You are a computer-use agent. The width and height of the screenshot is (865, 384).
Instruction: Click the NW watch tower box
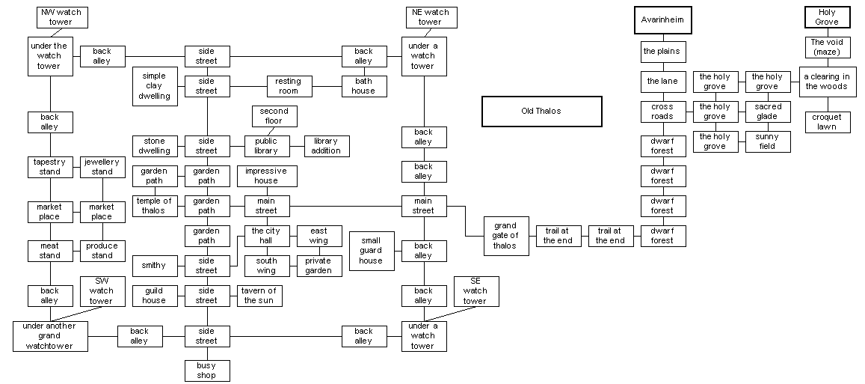(x=61, y=17)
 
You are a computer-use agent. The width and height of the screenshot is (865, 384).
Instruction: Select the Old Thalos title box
(x=541, y=111)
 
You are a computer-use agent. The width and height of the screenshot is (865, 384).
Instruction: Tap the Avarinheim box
(x=662, y=21)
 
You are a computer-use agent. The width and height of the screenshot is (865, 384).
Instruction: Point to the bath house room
(x=363, y=86)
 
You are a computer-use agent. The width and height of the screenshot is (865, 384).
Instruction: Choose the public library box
(x=266, y=146)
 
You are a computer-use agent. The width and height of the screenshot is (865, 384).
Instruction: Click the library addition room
(x=326, y=146)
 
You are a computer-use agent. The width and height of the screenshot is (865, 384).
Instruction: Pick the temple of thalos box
(x=154, y=206)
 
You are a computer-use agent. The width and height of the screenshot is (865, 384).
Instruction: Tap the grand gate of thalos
(x=505, y=236)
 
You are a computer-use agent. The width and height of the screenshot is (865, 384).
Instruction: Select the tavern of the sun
(x=259, y=296)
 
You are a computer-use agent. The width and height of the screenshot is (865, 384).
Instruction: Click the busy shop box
(x=206, y=371)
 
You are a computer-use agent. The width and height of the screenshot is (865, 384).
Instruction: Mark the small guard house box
(x=371, y=251)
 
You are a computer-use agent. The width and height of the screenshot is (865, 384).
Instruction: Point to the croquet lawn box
(x=827, y=122)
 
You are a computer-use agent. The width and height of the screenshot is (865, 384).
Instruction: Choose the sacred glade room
(x=767, y=112)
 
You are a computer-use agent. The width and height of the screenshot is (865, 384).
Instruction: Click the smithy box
(x=154, y=266)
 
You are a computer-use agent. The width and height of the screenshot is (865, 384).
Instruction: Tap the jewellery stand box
(x=102, y=166)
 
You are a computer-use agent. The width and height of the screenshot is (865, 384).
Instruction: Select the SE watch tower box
(x=475, y=291)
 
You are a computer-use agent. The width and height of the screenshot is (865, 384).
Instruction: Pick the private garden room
(x=318, y=266)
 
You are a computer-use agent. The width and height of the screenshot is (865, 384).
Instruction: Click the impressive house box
(x=266, y=176)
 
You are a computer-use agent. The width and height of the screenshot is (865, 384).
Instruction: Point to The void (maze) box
(x=827, y=47)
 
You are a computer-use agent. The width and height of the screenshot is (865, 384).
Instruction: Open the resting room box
(x=289, y=86)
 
